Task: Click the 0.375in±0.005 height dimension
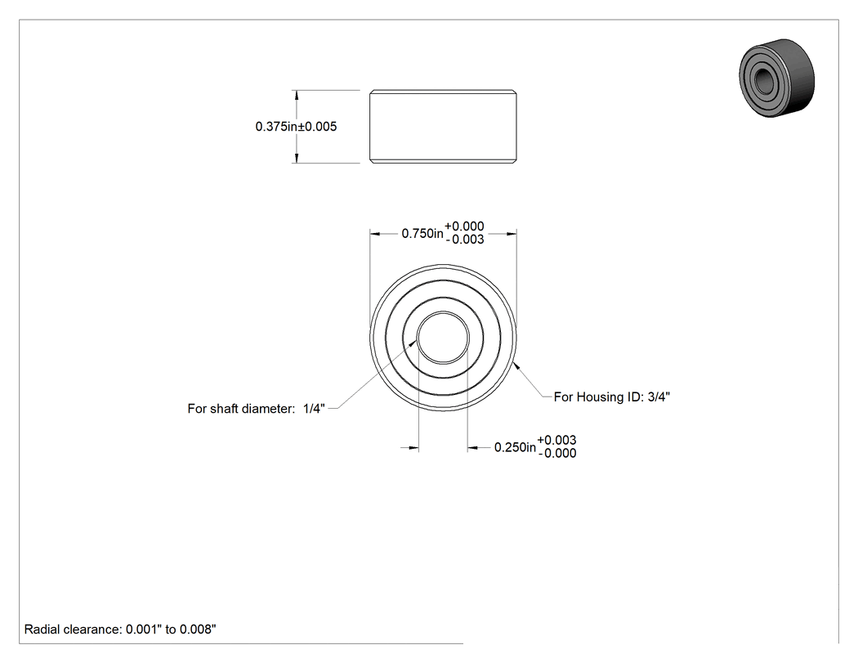(x=296, y=127)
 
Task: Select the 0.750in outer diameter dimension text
(x=422, y=234)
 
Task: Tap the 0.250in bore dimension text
(x=515, y=447)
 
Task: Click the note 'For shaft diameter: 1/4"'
(x=256, y=409)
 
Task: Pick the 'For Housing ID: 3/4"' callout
(x=612, y=397)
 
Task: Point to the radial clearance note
(x=120, y=629)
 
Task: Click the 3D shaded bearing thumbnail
(x=776, y=78)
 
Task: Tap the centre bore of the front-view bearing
(x=443, y=338)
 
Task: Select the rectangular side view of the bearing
(x=443, y=127)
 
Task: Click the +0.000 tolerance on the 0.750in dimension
(x=464, y=226)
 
